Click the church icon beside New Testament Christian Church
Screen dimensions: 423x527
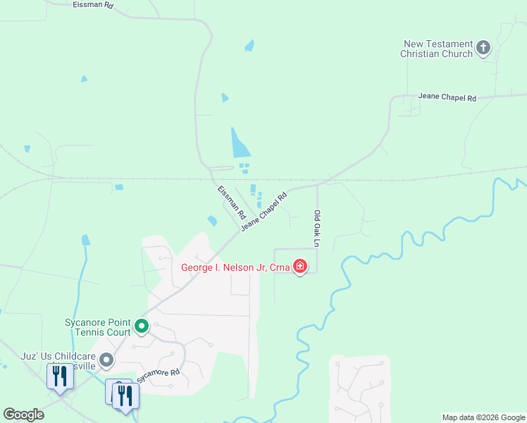483,48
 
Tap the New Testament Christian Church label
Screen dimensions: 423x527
437,49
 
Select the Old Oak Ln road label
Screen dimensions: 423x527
317,229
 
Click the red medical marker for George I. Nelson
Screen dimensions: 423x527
300,266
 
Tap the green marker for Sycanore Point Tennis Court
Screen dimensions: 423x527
142,326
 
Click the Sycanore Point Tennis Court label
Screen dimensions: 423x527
98,326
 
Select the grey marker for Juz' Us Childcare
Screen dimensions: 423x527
106,360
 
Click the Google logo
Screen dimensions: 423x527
23,415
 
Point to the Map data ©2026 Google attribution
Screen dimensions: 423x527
483,417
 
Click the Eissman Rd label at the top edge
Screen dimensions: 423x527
92,5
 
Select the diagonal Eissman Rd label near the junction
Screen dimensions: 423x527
230,202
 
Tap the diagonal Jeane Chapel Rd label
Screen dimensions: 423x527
264,211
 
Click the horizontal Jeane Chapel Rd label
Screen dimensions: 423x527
447,97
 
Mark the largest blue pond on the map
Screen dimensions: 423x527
239,142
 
